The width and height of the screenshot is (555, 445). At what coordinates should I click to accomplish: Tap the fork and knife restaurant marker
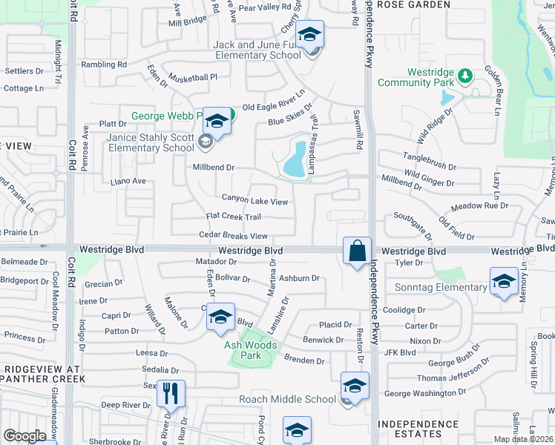click(x=171, y=393)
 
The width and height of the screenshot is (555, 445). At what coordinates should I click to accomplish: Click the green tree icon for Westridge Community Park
click(x=464, y=75)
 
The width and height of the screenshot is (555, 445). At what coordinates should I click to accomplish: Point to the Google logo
click(x=24, y=436)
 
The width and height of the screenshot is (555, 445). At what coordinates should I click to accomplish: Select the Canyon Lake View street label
click(x=254, y=201)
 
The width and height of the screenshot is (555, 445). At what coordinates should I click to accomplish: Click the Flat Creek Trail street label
click(x=233, y=217)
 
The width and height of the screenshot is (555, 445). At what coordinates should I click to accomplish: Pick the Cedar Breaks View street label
click(x=233, y=236)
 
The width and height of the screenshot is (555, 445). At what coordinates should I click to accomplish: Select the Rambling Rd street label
click(x=104, y=65)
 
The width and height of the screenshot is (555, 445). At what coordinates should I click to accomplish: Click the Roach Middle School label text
click(x=287, y=399)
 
